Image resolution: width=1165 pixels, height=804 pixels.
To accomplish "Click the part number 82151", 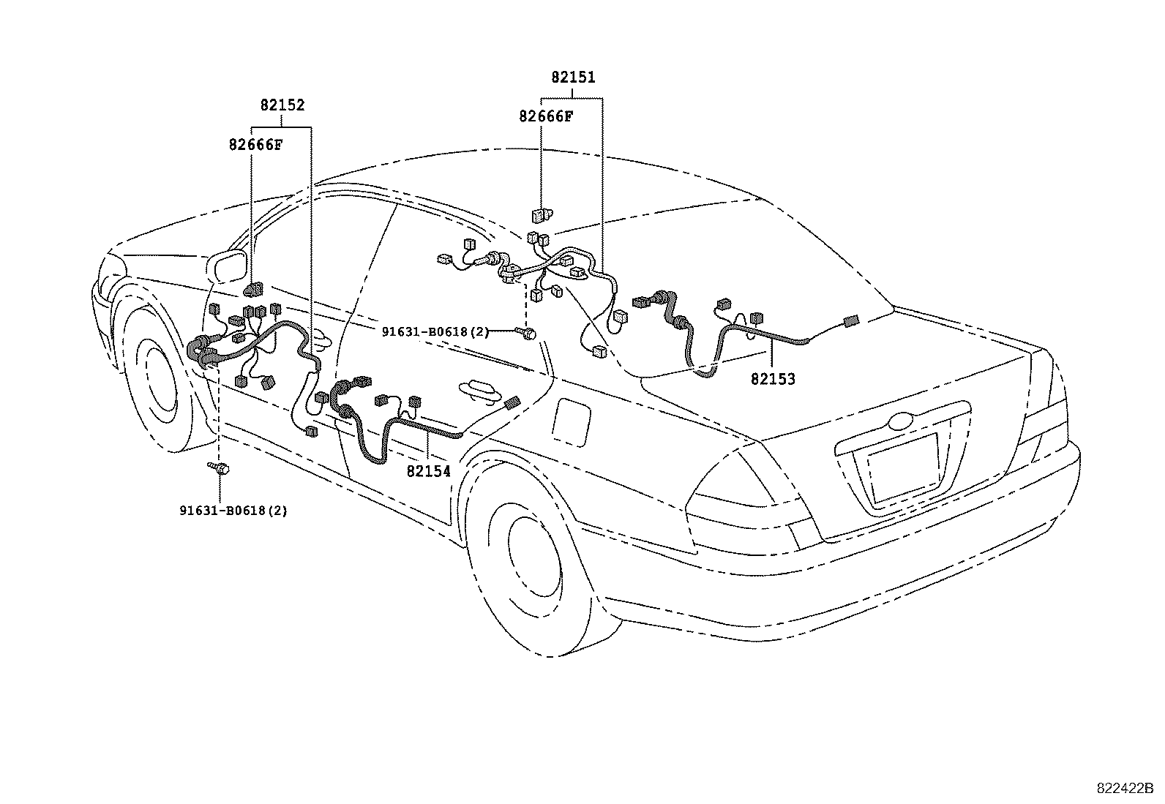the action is (x=573, y=78).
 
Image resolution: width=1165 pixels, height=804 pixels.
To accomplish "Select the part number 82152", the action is (x=282, y=105).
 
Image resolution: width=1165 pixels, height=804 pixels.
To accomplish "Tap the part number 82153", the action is (x=773, y=379).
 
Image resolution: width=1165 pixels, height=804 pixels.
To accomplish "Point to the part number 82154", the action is (x=429, y=471).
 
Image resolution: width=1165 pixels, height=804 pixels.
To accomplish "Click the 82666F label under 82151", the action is (x=546, y=116).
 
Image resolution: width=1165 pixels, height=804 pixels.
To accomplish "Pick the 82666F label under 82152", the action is (x=256, y=145).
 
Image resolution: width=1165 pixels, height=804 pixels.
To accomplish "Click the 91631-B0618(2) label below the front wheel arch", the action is (x=233, y=511).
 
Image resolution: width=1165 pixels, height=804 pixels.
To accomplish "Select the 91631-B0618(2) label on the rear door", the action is (x=436, y=332).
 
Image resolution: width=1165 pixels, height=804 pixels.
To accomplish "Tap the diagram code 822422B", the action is (x=1125, y=789).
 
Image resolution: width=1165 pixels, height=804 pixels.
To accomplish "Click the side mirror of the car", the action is (x=227, y=267).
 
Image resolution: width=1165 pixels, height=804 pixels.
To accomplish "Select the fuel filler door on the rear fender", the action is (x=571, y=422).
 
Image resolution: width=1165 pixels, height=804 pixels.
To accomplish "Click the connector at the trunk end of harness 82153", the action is (x=851, y=321).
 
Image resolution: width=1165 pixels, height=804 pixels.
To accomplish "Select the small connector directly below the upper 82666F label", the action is (x=542, y=214).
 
